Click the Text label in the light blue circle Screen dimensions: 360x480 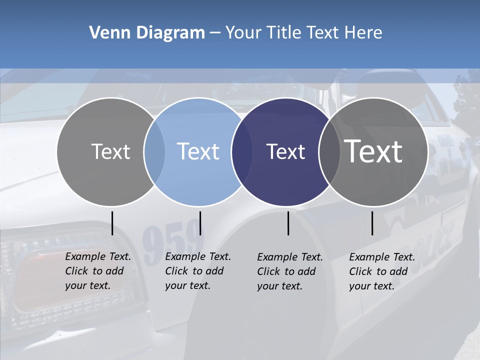(x=198, y=151)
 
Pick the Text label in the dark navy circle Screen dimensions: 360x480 (x=285, y=151)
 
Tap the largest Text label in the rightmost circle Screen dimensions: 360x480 (x=373, y=151)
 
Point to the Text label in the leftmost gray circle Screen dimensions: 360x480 (x=110, y=151)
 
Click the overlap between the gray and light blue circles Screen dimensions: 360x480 (x=154, y=151)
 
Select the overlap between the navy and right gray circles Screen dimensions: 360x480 (x=328, y=151)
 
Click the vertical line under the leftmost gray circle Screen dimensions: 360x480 (x=112, y=223)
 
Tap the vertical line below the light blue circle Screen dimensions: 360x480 (x=200, y=223)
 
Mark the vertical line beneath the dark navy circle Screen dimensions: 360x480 (x=288, y=223)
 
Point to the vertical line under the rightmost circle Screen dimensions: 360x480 (x=372, y=223)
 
